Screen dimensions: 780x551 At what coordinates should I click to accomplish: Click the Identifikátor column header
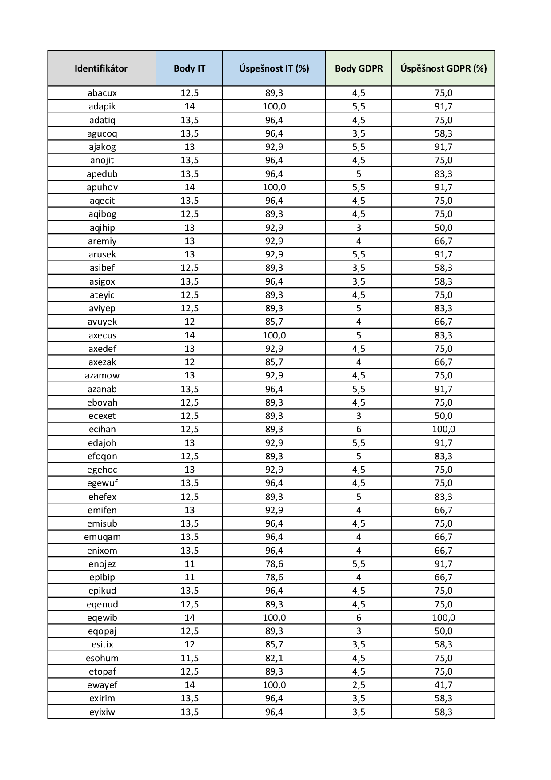point(101,68)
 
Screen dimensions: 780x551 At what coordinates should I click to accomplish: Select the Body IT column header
point(189,68)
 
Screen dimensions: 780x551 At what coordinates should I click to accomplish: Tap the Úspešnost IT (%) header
point(274,68)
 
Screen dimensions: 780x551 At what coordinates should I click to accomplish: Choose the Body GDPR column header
point(359,68)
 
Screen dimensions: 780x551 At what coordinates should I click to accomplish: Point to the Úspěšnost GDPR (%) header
point(443,68)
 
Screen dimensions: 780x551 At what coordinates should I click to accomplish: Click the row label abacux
point(102,93)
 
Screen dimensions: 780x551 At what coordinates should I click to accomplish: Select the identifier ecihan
point(102,429)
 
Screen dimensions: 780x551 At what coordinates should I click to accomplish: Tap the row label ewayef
point(102,685)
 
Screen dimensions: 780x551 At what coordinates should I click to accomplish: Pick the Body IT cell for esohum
point(189,658)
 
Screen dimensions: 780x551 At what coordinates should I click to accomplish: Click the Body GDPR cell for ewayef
point(359,685)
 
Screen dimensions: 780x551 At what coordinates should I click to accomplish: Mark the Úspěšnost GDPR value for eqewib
point(443,618)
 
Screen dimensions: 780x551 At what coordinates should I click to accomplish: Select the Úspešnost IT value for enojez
point(274,564)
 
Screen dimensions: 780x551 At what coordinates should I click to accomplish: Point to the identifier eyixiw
point(102,712)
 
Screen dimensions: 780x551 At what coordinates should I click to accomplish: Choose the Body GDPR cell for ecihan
point(359,429)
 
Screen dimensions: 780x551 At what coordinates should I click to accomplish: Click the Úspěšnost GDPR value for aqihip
point(443,228)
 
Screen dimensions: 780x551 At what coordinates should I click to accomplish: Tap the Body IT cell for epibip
point(189,577)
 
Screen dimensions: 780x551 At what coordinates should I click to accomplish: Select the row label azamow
point(102,375)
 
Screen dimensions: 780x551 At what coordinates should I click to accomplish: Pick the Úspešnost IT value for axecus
point(274,335)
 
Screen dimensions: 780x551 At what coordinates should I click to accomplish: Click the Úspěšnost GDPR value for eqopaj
point(443,631)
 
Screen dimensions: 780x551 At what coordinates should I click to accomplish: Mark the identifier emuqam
point(102,537)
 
